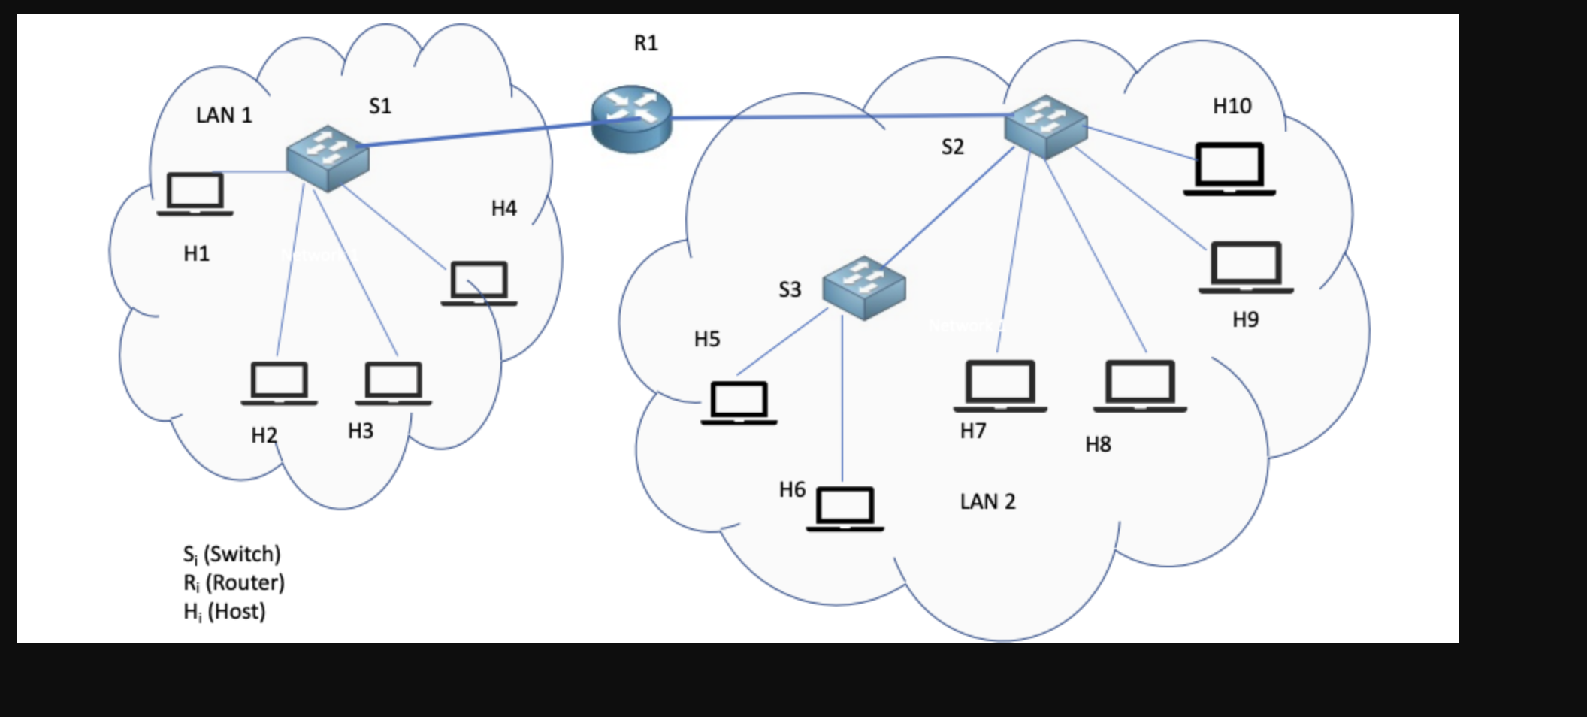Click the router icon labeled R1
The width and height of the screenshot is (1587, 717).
(631, 119)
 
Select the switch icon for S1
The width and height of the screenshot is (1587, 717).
(328, 157)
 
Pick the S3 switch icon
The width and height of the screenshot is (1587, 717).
(864, 287)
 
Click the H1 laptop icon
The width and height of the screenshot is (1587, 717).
(195, 194)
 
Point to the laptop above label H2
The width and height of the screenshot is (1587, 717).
(279, 383)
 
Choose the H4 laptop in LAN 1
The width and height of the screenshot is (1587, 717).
(479, 283)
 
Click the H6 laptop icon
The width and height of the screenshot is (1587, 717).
(845, 509)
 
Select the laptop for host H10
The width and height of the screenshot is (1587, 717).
(1229, 169)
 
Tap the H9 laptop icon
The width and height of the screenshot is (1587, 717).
(1246, 267)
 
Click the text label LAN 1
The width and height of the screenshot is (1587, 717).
(224, 115)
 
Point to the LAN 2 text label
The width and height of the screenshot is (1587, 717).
(987, 501)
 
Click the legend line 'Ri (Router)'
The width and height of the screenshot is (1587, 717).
(234, 582)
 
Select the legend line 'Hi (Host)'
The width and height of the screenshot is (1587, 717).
(224, 611)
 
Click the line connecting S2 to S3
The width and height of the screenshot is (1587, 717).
(951, 207)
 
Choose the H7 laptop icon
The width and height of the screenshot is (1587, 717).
(1000, 386)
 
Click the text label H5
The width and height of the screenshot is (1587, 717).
(706, 339)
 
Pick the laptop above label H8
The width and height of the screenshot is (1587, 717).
(1140, 386)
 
